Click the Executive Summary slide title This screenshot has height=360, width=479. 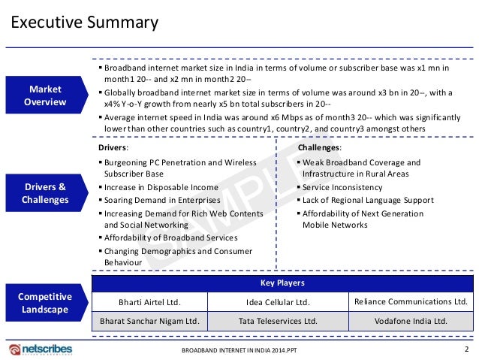point(83,23)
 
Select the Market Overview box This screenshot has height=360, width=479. point(46,95)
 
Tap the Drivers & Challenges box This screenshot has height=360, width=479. point(46,193)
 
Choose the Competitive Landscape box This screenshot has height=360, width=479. point(46,302)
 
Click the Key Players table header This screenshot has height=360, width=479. point(282,283)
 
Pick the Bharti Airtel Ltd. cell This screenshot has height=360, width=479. point(149,302)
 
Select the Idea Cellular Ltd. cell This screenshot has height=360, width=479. point(278,302)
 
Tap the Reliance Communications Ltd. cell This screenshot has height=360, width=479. point(410,301)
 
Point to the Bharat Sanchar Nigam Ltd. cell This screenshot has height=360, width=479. point(149,321)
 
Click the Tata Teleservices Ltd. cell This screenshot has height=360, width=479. point(278,321)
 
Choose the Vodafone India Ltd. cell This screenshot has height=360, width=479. point(410,321)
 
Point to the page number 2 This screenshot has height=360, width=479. point(466,349)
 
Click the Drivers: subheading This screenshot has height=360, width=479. point(113,148)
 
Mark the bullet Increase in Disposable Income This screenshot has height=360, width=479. point(161,187)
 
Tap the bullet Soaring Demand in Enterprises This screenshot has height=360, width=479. point(161,200)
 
